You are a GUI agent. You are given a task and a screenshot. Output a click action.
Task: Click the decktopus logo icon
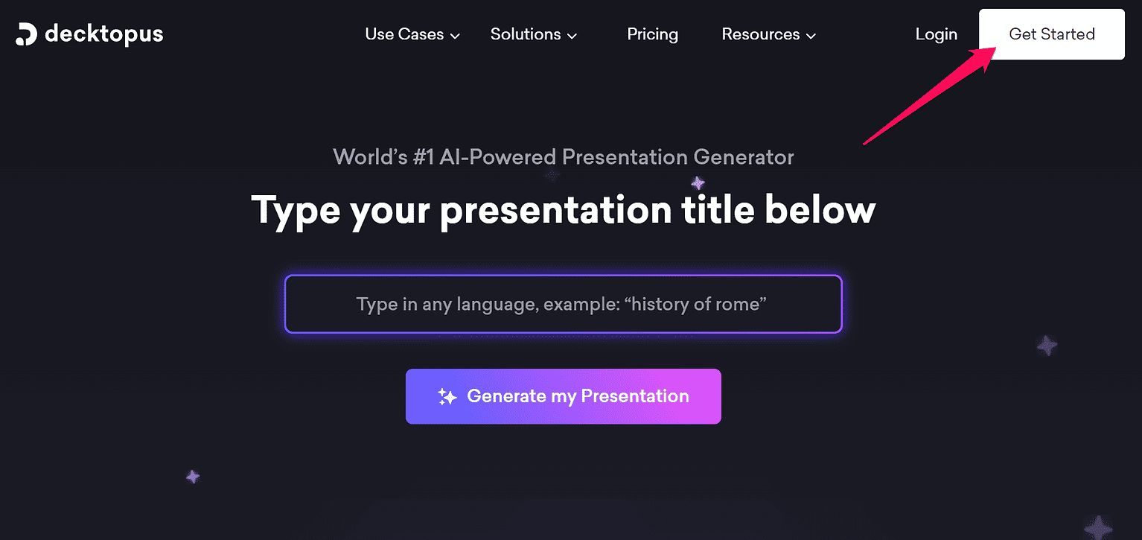tap(26, 34)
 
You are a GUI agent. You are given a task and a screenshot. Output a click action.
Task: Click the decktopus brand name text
tap(104, 34)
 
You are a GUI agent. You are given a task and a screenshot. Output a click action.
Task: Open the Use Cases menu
tap(404, 34)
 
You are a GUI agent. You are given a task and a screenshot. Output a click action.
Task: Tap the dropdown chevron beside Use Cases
tap(455, 36)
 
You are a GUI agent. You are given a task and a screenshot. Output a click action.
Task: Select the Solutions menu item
tap(526, 34)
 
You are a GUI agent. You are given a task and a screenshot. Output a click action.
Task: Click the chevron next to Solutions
tap(572, 36)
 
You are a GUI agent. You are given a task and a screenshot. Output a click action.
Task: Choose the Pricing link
tap(652, 34)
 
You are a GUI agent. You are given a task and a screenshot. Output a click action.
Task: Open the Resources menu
tap(760, 34)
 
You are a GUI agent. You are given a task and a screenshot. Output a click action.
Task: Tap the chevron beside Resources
tap(811, 36)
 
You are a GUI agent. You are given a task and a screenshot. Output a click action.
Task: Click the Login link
tap(936, 34)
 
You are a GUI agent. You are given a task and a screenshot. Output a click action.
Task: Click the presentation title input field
tap(563, 304)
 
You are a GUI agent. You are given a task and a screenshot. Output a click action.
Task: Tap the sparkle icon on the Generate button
tap(447, 397)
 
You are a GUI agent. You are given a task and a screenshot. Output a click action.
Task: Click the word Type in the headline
tap(296, 210)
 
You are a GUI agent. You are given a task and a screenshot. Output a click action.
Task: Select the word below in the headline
tap(820, 210)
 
